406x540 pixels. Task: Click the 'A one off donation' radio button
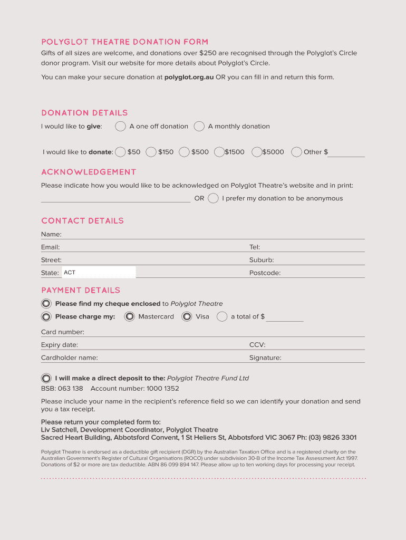120,126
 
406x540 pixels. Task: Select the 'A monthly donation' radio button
199,126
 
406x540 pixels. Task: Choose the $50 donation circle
120,152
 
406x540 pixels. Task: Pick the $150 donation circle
151,152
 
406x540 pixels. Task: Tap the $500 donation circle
184,152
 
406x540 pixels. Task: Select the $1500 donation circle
219,152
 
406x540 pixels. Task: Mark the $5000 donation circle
257,152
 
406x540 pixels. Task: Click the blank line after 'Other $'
347,152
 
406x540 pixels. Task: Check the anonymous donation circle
213,198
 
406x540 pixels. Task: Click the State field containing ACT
99,273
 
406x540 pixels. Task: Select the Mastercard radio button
130,316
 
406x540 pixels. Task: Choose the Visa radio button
187,316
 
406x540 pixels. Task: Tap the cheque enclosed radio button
46,304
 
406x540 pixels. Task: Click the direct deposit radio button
46,378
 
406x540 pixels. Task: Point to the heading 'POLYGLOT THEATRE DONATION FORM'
125,42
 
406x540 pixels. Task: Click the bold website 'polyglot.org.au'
189,77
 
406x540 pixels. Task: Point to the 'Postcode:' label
265,273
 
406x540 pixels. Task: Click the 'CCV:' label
257,345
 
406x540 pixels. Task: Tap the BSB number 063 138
71,389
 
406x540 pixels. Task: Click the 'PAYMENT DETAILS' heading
81,290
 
